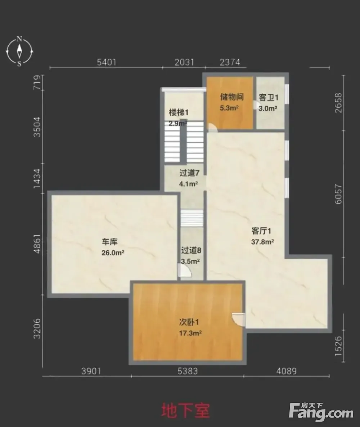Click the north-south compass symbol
tap(19, 51)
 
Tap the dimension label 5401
tap(107, 62)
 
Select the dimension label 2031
tap(184, 62)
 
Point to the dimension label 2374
tap(230, 62)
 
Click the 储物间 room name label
tap(232, 97)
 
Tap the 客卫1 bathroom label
tap(268, 98)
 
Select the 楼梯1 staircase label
tap(179, 112)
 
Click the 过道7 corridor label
tap(189, 173)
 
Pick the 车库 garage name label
tap(109, 241)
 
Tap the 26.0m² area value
tap(113, 253)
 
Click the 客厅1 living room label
tap(261, 231)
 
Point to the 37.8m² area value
tap(262, 242)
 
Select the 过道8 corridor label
tap(191, 250)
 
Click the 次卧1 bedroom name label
tap(189, 322)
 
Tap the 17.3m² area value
tap(190, 333)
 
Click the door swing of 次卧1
tap(238, 319)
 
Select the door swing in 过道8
tap(185, 271)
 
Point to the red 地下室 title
tap(185, 411)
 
